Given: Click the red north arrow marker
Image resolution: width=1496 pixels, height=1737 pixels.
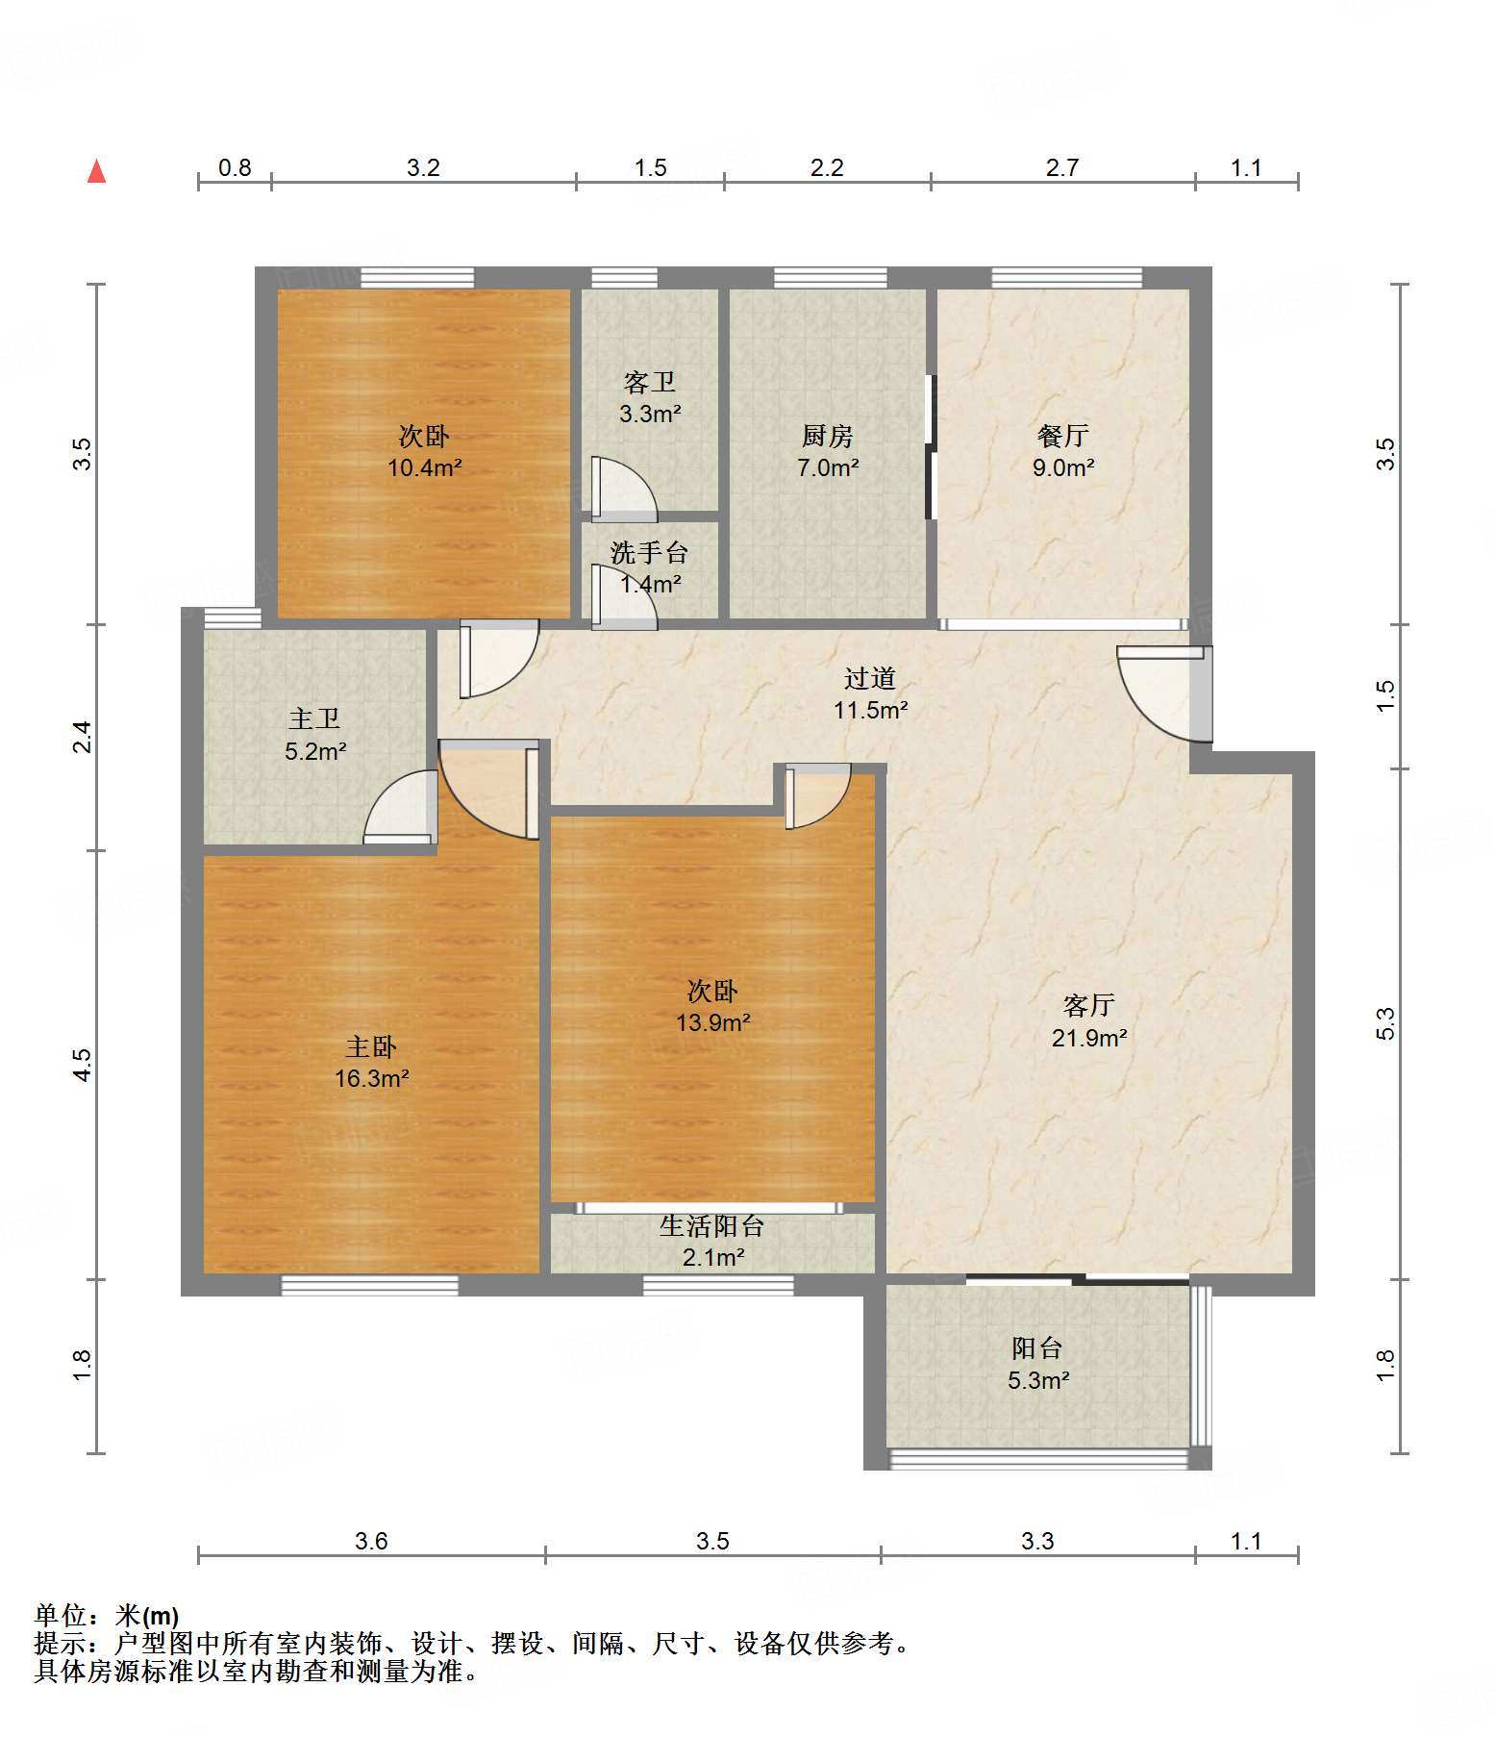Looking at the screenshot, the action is (x=97, y=171).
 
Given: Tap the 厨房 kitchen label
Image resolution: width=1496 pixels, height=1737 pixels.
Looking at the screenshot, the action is (x=827, y=436).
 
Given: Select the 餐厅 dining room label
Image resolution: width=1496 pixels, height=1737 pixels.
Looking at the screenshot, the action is (x=1062, y=436).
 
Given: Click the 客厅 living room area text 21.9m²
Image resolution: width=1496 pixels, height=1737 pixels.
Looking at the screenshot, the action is (x=1089, y=1038).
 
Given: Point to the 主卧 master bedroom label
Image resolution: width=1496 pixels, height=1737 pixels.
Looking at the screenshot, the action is (x=371, y=1046).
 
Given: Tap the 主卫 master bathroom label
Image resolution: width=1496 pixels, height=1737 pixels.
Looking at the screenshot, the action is (x=314, y=718).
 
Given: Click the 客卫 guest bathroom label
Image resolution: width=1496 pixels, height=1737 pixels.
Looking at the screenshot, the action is (x=650, y=383).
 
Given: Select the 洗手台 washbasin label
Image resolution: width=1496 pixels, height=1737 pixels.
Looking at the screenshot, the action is (x=650, y=553).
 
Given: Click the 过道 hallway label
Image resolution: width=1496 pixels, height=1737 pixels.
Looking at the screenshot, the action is (x=870, y=678).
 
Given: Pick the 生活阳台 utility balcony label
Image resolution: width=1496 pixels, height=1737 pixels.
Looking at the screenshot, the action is (x=712, y=1226).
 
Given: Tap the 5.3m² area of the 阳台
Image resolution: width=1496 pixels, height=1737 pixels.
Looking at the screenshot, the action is (x=1038, y=1380).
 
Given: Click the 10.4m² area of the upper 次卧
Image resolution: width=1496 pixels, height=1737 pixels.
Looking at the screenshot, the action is (x=424, y=468).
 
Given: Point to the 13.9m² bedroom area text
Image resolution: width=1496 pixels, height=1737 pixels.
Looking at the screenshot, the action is (x=712, y=1022).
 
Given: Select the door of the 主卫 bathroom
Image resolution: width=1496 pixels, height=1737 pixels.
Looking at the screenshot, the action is (x=399, y=808).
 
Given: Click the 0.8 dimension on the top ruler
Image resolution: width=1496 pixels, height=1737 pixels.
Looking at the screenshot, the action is (x=235, y=168).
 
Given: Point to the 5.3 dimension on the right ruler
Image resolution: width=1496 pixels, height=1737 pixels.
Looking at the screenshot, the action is (x=1385, y=1023).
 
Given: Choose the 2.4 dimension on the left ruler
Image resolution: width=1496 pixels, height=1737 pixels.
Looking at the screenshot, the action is (x=84, y=737).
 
